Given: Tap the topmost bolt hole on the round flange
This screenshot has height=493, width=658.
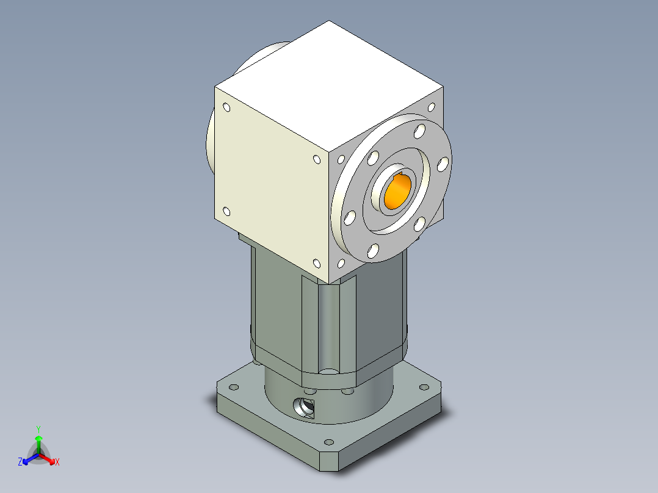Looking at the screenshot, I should pyautogui.click(x=419, y=131).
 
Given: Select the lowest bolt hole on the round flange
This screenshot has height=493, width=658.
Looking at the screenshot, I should pyautogui.click(x=373, y=250).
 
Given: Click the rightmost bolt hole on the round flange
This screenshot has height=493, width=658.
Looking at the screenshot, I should pyautogui.click(x=443, y=163).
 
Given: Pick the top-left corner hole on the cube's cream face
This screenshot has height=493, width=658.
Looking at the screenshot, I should pyautogui.click(x=227, y=108).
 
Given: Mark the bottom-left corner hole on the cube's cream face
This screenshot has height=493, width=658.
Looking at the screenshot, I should pyautogui.click(x=226, y=212).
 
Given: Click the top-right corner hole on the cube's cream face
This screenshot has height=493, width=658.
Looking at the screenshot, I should pyautogui.click(x=316, y=160).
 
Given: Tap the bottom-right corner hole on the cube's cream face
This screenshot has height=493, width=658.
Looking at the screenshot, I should pyautogui.click(x=316, y=264).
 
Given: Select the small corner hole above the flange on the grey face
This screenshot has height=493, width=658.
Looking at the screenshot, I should pyautogui.click(x=432, y=107).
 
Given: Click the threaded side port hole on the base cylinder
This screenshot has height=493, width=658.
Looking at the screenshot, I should pyautogui.click(x=303, y=406).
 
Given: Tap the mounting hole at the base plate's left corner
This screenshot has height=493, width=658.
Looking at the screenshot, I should pyautogui.click(x=233, y=387).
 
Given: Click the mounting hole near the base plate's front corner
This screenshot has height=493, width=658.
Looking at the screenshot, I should pyautogui.click(x=330, y=442).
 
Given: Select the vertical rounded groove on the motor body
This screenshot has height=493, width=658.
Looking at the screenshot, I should pyautogui.click(x=328, y=326).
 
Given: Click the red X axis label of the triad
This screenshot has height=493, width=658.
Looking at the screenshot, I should pyautogui.click(x=57, y=462).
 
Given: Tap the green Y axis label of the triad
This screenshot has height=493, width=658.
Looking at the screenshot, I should pyautogui.click(x=38, y=429).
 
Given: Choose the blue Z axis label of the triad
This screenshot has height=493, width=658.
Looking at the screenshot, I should pyautogui.click(x=20, y=462).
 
